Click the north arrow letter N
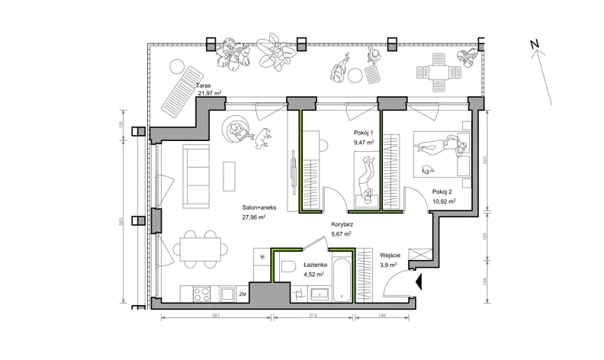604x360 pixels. pyautogui.click(x=535, y=44)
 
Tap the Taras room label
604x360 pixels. pyautogui.click(x=204, y=85)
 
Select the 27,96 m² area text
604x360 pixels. pyautogui.click(x=253, y=217)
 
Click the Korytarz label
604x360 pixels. pyautogui.click(x=342, y=224)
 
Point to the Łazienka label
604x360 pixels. pyautogui.click(x=315, y=265)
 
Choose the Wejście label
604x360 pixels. pyautogui.click(x=390, y=256)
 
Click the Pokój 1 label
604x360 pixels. pyautogui.click(x=364, y=133)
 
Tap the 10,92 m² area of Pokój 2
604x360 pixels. pyautogui.click(x=444, y=201)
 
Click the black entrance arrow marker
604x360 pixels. pyautogui.click(x=419, y=282)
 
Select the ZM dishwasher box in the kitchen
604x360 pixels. pyautogui.click(x=243, y=294)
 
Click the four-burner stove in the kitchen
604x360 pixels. pyautogui.click(x=201, y=294)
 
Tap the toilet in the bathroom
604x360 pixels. pyautogui.click(x=288, y=266)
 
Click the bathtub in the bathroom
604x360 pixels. pyautogui.click(x=342, y=280)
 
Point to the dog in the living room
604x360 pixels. pyautogui.click(x=263, y=138)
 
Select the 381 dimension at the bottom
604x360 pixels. pyautogui.click(x=216, y=315)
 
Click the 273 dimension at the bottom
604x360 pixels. pyautogui.click(x=313, y=315)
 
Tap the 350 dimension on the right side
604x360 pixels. pyautogui.click(x=485, y=160)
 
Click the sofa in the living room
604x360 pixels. pyautogui.click(x=196, y=176)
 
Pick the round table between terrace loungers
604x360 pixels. pyautogui.click(x=355, y=76)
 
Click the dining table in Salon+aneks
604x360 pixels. pyautogui.click(x=201, y=249)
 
